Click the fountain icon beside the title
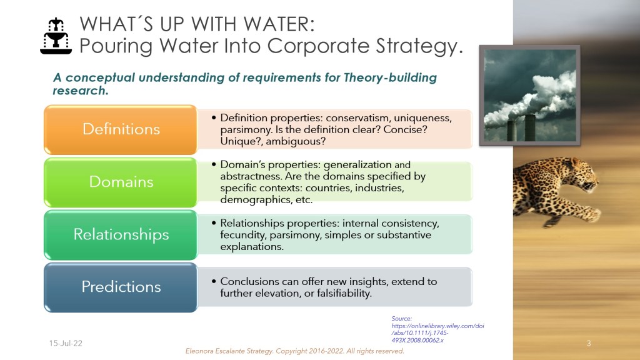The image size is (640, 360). (56, 36)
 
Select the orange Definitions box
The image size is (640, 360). (121, 129)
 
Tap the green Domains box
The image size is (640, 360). (121, 182)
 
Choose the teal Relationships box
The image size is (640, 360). (121, 235)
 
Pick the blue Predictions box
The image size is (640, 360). (121, 287)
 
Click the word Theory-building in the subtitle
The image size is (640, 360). (390, 77)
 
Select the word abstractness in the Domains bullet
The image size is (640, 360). (250, 176)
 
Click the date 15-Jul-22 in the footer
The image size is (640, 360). (66, 343)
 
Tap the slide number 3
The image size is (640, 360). (589, 343)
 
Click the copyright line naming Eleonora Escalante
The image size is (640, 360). (295, 351)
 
